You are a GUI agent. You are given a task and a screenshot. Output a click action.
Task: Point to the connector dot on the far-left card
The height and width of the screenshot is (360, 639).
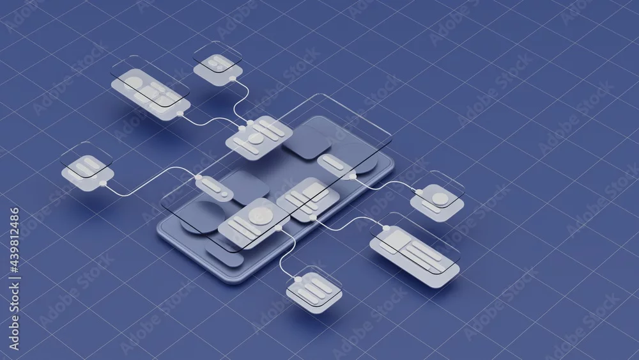(x=103, y=184)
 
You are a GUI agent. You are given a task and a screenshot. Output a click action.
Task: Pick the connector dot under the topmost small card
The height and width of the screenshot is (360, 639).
(x=233, y=78)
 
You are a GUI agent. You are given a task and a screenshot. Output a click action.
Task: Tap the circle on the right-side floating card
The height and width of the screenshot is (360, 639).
(x=440, y=199)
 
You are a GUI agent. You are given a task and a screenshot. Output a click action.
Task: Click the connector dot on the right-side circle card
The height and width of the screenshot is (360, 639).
(x=419, y=192)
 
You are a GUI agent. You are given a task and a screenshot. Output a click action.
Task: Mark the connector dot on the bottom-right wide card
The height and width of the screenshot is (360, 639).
(x=386, y=228)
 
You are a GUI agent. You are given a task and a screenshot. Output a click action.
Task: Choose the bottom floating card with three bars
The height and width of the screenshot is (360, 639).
(x=314, y=290)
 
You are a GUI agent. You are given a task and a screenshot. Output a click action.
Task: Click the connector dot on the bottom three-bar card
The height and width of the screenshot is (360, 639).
(x=298, y=279)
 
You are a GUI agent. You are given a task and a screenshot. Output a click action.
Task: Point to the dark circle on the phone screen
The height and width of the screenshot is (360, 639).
(x=203, y=217)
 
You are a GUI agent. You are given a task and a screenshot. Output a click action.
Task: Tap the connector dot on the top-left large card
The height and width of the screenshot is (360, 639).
(x=180, y=114)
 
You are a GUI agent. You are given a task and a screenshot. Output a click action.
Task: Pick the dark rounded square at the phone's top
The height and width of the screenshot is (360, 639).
(x=307, y=141)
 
